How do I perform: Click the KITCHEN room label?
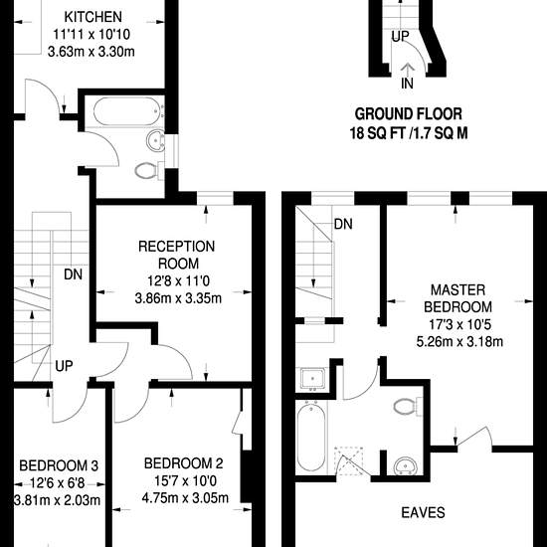(93, 17)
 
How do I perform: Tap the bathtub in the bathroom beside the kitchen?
(125, 111)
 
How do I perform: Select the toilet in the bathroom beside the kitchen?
(149, 171)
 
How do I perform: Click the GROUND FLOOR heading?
(408, 114)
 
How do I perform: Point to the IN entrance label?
(407, 84)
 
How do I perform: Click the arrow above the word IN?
(407, 70)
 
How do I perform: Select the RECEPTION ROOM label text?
(176, 255)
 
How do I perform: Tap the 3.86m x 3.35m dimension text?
(178, 298)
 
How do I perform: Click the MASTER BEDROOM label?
(457, 298)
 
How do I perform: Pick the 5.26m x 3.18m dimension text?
(459, 341)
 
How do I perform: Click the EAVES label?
(423, 512)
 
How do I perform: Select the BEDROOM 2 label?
(184, 463)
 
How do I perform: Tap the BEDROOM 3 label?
(59, 465)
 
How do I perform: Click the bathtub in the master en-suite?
(311, 439)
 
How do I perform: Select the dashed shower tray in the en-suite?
(349, 460)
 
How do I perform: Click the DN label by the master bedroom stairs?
(343, 225)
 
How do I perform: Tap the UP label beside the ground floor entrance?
(400, 36)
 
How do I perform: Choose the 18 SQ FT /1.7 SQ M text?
(409, 133)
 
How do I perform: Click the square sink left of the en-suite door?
(313, 379)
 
